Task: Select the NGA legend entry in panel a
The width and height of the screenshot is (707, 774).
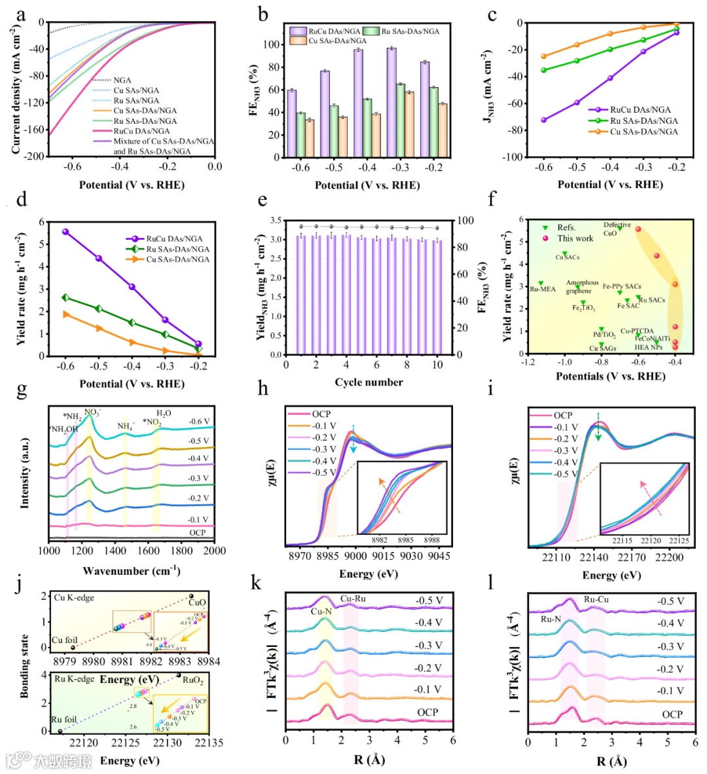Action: [x=122, y=80]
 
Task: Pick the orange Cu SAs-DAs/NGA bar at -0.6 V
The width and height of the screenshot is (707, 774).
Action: [x=310, y=138]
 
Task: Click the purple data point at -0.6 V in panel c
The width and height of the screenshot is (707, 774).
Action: [x=543, y=120]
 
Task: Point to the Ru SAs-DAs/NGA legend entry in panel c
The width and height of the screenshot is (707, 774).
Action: [x=644, y=120]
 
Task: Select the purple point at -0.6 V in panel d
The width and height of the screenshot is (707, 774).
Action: [x=65, y=231]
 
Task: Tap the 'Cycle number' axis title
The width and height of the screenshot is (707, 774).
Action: [x=369, y=382]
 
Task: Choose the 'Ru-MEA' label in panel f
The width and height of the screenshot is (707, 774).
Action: [x=543, y=289]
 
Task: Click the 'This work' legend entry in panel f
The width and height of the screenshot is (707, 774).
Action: [x=575, y=238]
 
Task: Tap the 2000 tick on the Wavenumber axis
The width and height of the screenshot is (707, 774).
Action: [x=215, y=551]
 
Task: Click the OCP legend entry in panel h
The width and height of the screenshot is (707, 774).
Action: [x=321, y=414]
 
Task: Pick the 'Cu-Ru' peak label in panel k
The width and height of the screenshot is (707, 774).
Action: [x=353, y=599]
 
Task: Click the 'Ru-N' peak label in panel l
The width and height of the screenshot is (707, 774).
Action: [x=551, y=619]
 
